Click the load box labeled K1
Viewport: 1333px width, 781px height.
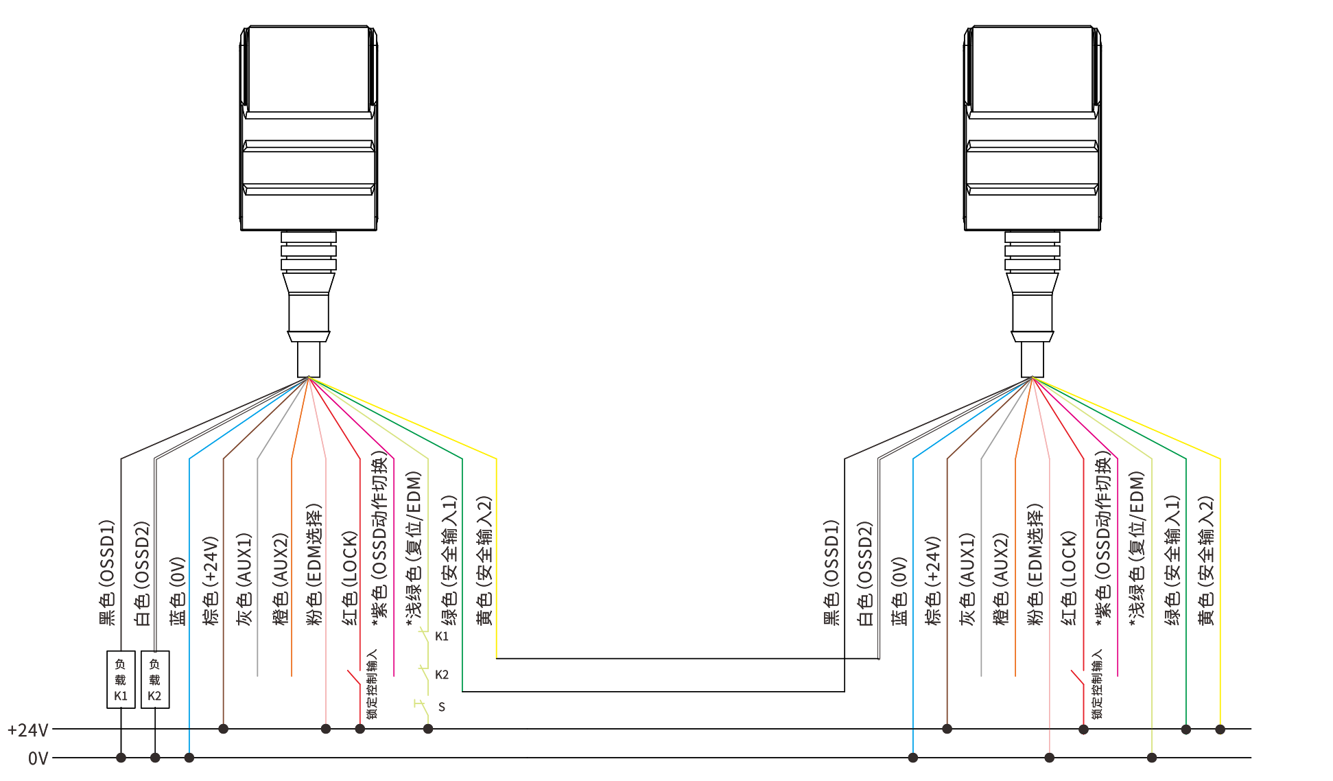(x=121, y=679)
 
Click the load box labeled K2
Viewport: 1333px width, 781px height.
(x=155, y=679)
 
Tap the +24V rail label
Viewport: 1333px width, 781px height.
(x=28, y=730)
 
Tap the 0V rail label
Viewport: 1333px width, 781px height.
(x=38, y=758)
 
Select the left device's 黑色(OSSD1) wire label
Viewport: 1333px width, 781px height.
(x=107, y=572)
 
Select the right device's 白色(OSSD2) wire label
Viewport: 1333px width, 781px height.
(x=865, y=574)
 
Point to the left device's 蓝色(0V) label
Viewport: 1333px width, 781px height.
(x=177, y=591)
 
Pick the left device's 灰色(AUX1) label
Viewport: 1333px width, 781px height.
(x=244, y=579)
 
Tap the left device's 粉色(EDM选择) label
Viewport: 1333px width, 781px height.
(x=313, y=565)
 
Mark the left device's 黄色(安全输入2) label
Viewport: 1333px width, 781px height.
(x=484, y=561)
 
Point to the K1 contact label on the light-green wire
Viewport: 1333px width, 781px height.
(x=442, y=636)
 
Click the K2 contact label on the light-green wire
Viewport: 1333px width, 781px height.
(x=442, y=675)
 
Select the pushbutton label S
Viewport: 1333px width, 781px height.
(x=442, y=707)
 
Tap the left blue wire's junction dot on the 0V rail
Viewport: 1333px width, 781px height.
(x=189, y=758)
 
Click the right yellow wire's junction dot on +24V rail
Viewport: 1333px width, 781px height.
(x=1220, y=729)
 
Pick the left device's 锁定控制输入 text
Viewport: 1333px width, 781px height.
(x=372, y=684)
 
